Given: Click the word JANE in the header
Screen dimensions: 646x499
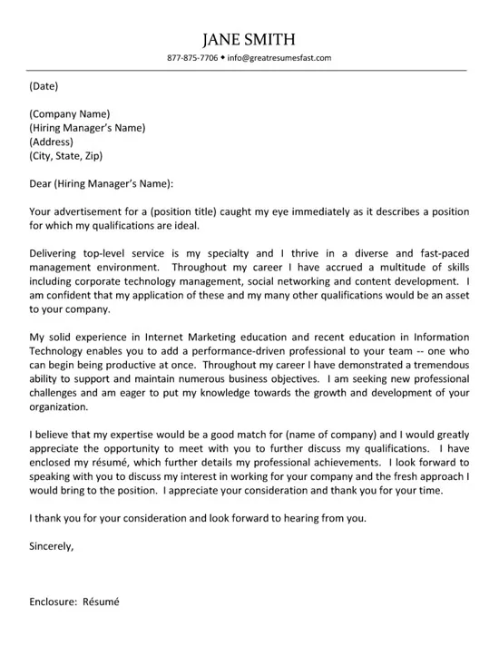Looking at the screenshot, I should click(x=223, y=39).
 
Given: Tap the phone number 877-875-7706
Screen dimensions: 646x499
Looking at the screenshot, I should click(x=192, y=58).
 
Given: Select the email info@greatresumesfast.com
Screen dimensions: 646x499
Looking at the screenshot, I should click(x=279, y=58).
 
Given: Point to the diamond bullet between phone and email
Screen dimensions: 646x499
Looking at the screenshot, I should click(x=222, y=58).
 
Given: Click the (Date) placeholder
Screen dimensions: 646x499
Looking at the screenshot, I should click(x=44, y=87).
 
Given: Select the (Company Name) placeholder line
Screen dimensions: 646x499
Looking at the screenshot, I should click(x=70, y=114).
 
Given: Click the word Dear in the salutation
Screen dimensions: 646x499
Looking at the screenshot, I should click(x=41, y=183).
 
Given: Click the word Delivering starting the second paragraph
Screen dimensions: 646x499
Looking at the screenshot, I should click(x=57, y=253).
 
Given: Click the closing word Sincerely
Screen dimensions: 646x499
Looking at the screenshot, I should click(x=51, y=546).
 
